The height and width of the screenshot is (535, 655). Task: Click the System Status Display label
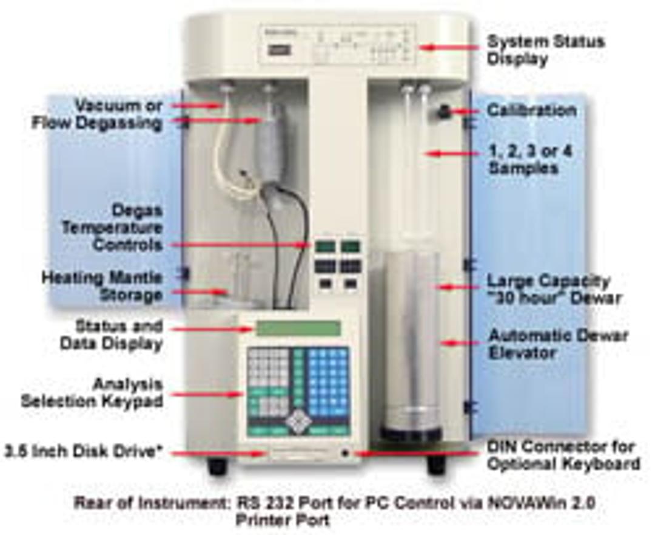pos(546,50)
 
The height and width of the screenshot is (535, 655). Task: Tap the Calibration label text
pos(532,111)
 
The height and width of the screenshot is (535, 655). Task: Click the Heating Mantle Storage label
pos(102,287)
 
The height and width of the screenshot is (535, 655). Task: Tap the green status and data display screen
pos(298,329)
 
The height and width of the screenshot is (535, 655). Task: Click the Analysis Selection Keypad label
pos(93,393)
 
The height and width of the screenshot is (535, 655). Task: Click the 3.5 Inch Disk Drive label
pos(86,452)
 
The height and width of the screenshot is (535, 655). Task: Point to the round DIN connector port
pos(345,452)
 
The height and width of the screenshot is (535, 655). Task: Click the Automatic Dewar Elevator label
pos(559,344)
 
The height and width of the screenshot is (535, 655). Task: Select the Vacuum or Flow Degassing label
pos(97,115)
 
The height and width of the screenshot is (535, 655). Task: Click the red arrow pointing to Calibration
pos(467,111)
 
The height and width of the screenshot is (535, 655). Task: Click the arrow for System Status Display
pos(448,47)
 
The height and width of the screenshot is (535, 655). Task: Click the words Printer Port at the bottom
pos(283,520)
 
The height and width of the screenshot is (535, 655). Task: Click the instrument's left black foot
pos(217,466)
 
